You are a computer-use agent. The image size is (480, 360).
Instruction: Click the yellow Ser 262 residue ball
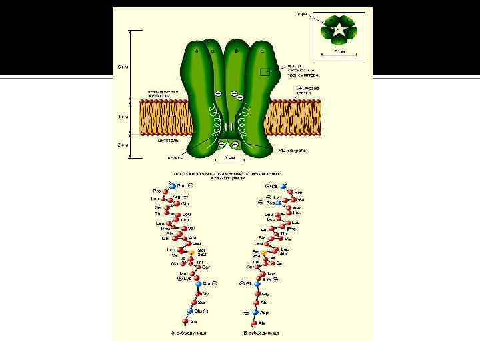(x=192, y=253)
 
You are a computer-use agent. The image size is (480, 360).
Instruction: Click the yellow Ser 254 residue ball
(x=264, y=253)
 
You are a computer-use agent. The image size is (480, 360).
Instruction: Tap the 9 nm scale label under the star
(x=339, y=51)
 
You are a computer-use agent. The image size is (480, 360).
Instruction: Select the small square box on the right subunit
(x=265, y=72)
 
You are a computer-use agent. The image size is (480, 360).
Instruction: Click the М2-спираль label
(x=292, y=151)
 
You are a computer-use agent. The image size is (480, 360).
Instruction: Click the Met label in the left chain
(x=184, y=273)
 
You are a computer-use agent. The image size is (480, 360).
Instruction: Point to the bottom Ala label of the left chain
(x=194, y=321)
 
